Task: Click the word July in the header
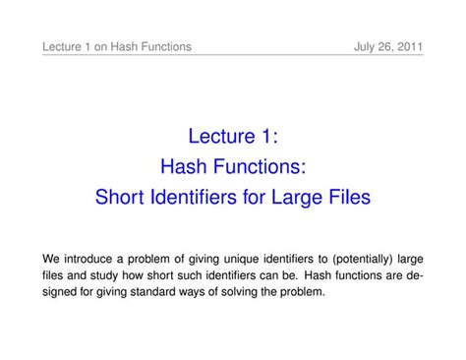click(x=366, y=46)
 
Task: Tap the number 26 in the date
click(x=386, y=46)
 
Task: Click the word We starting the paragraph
click(x=51, y=259)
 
